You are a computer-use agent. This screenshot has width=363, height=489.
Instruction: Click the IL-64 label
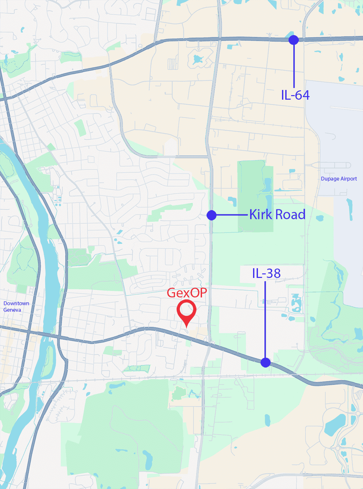295,95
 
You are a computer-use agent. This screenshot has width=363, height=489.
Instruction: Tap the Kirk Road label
277,215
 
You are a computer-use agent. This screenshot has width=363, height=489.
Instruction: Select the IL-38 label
266,273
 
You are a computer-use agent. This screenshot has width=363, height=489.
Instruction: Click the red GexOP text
187,293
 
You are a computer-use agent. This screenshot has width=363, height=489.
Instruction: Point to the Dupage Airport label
339,179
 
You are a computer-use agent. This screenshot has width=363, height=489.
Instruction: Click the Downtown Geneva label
16,307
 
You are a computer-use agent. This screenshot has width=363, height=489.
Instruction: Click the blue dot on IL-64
293,40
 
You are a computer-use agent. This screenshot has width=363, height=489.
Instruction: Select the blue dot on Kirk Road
211,215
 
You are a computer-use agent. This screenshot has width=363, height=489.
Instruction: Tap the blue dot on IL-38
265,362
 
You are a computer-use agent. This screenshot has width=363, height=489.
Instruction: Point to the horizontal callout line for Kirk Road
232,215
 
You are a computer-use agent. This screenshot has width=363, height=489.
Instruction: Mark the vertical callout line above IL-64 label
294,65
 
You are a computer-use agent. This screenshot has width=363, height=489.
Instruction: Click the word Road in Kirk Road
290,215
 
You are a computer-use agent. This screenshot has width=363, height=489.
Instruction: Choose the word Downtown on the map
16,303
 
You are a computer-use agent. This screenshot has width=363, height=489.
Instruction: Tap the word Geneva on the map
12,310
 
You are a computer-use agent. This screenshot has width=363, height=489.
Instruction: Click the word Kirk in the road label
261,215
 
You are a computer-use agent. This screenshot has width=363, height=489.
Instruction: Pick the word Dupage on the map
329,179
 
